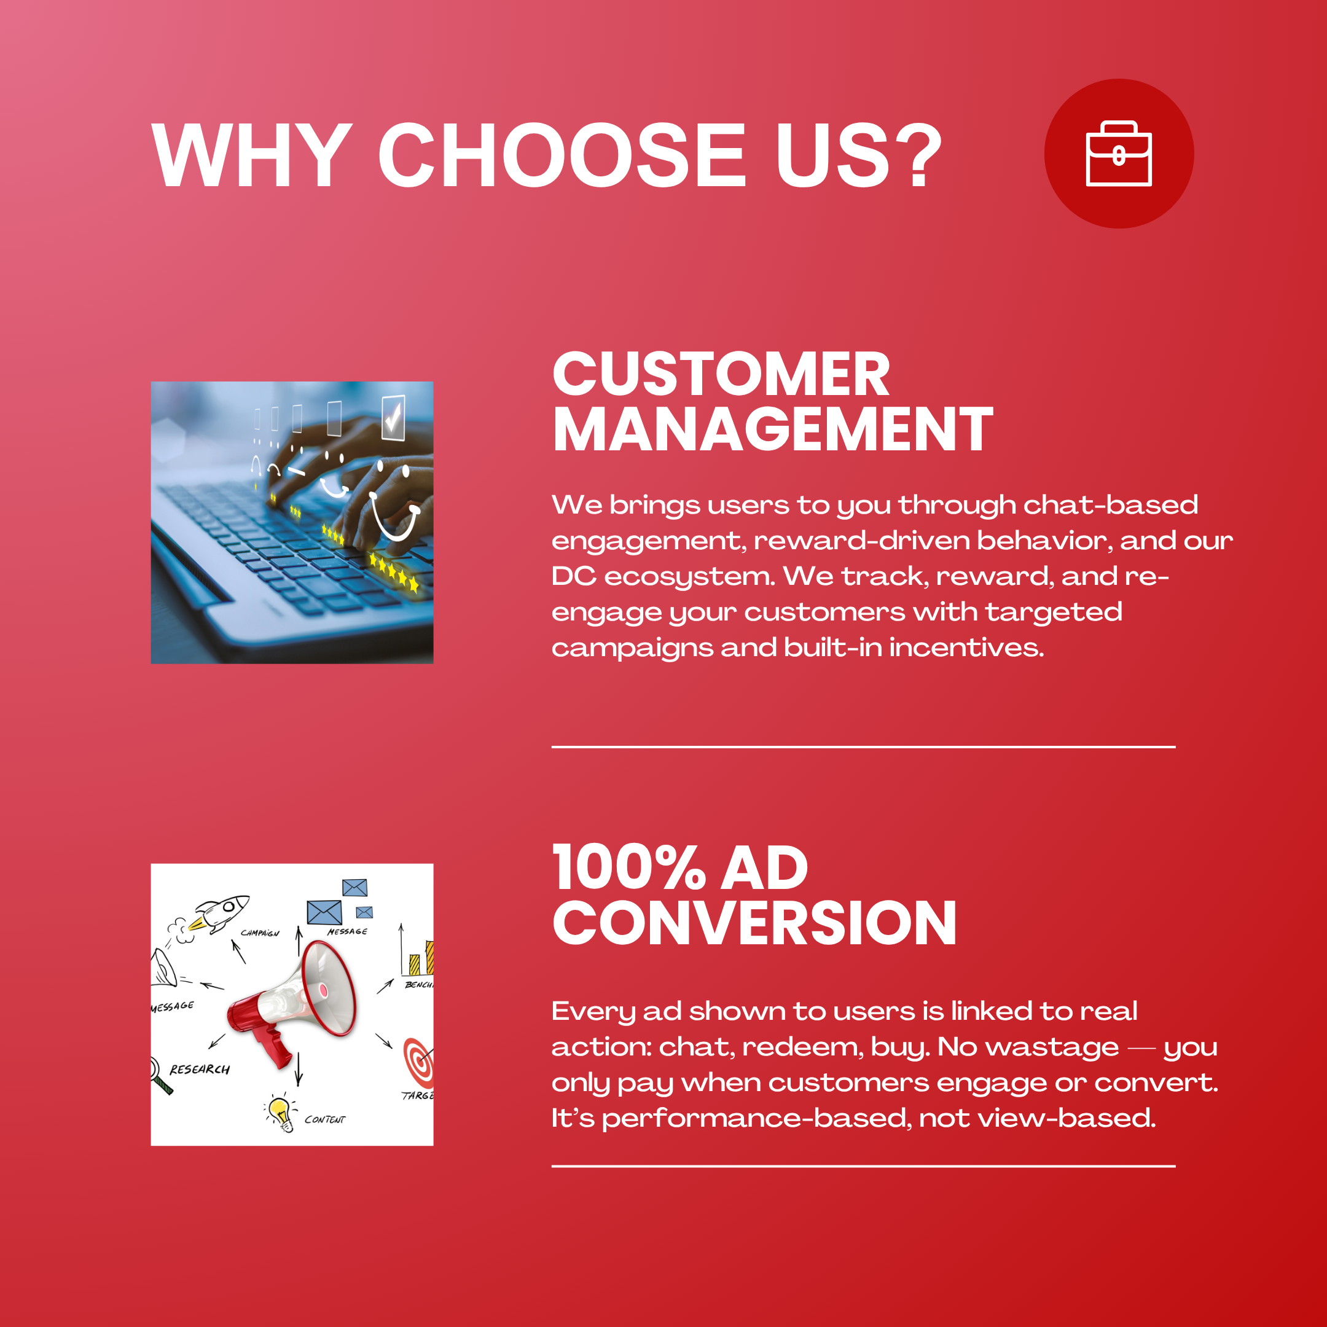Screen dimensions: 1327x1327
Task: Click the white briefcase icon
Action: point(1118,153)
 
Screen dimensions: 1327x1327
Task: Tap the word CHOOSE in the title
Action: point(561,155)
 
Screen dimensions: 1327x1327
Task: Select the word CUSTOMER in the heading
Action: point(721,374)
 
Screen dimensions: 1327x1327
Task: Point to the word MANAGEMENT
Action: point(773,429)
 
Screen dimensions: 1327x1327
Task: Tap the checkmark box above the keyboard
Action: point(394,418)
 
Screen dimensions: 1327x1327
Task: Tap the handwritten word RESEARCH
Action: point(200,1070)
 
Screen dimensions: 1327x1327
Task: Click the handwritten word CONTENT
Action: point(325,1119)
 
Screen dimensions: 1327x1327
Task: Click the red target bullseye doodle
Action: point(419,1061)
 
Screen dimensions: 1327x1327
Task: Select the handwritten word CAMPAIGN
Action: point(260,933)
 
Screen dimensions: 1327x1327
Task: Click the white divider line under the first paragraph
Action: point(863,746)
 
